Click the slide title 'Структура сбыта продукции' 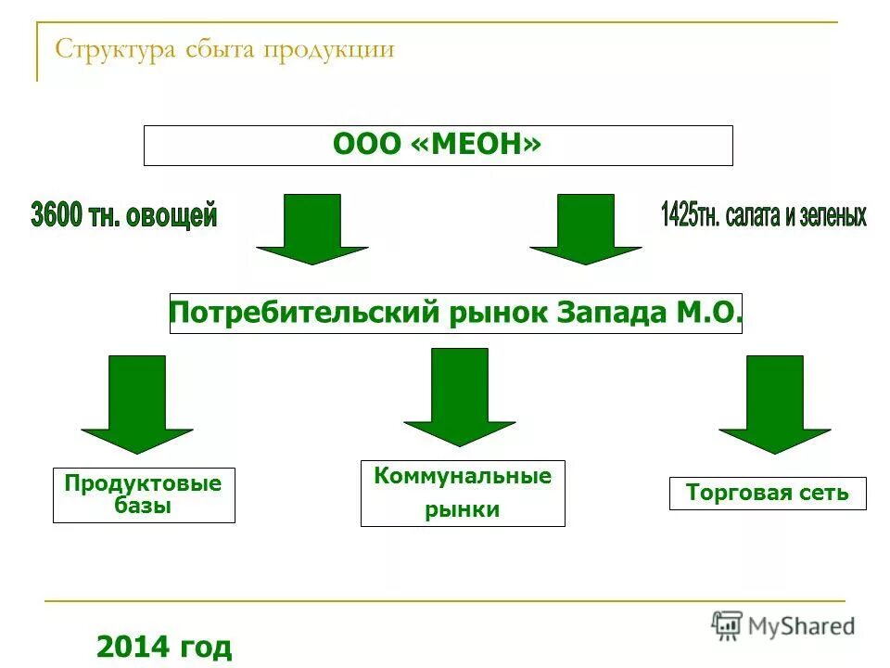[x=225, y=49]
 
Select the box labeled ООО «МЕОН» [x=438, y=146]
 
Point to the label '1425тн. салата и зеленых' [x=763, y=214]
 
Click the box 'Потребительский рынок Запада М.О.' [x=455, y=314]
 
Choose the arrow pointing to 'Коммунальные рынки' [x=459, y=396]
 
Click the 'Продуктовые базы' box [x=144, y=495]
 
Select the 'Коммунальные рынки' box [x=462, y=493]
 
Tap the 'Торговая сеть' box [x=767, y=494]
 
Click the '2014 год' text [x=164, y=646]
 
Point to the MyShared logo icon [x=728, y=625]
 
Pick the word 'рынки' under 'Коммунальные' [x=462, y=509]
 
